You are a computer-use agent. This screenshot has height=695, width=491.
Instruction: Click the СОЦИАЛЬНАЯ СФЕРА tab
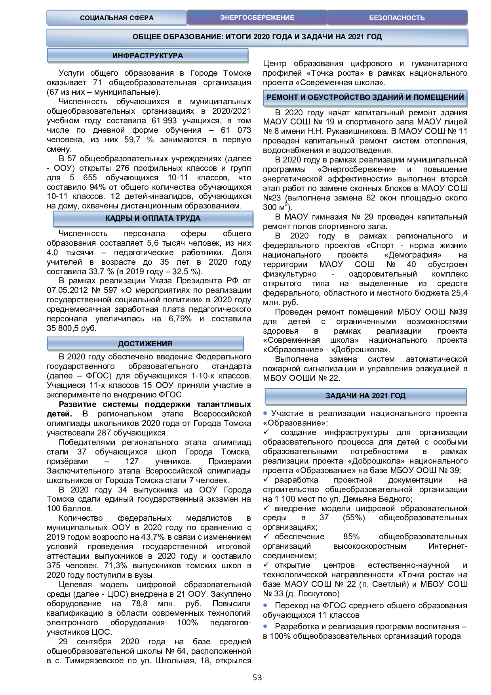pyautogui.click(x=116, y=18)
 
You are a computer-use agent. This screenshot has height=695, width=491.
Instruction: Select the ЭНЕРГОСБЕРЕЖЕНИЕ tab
pyautogui.click(x=257, y=18)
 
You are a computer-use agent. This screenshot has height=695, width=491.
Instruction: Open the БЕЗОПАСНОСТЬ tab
pyautogui.click(x=397, y=18)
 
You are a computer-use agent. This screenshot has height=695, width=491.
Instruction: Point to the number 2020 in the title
pyautogui.click(x=261, y=37)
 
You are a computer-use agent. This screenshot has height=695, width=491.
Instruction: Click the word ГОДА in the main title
pyautogui.click(x=282, y=37)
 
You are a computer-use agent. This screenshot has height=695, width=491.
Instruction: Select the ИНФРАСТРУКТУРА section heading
pyautogui.click(x=147, y=56)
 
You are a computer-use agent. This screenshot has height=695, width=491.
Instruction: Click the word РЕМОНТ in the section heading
pyautogui.click(x=282, y=97)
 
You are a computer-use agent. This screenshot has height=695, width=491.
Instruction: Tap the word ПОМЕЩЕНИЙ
pyautogui.click(x=439, y=97)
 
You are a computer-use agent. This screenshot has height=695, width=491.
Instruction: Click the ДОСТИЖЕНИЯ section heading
pyautogui.click(x=145, y=344)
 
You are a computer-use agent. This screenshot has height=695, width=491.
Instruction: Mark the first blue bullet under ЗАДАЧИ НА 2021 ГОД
pyautogui.click(x=265, y=413)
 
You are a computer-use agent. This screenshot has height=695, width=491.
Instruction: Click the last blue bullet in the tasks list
pyautogui.click(x=265, y=626)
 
